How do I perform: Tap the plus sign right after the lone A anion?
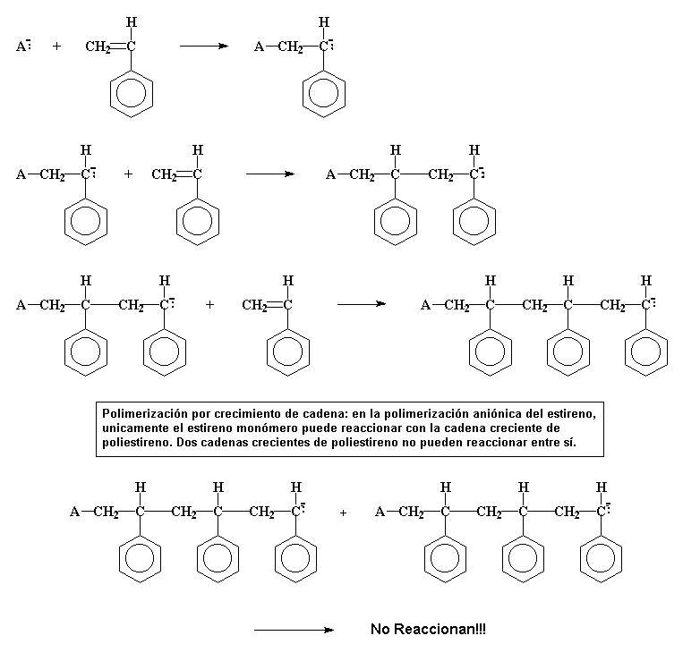pyautogui.click(x=56, y=46)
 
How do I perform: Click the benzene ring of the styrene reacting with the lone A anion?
pyautogui.click(x=132, y=92)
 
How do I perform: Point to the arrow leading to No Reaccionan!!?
pyautogui.click(x=294, y=630)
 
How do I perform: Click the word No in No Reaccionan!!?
pyautogui.click(x=380, y=630)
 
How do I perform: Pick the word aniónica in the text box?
pyautogui.click(x=491, y=414)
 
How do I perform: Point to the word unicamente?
pyautogui.click(x=132, y=428)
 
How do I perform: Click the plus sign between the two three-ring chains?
pyautogui.click(x=343, y=513)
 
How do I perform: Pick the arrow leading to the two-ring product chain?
pyautogui.click(x=269, y=174)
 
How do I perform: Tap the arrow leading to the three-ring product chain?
pyautogui.click(x=361, y=305)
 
